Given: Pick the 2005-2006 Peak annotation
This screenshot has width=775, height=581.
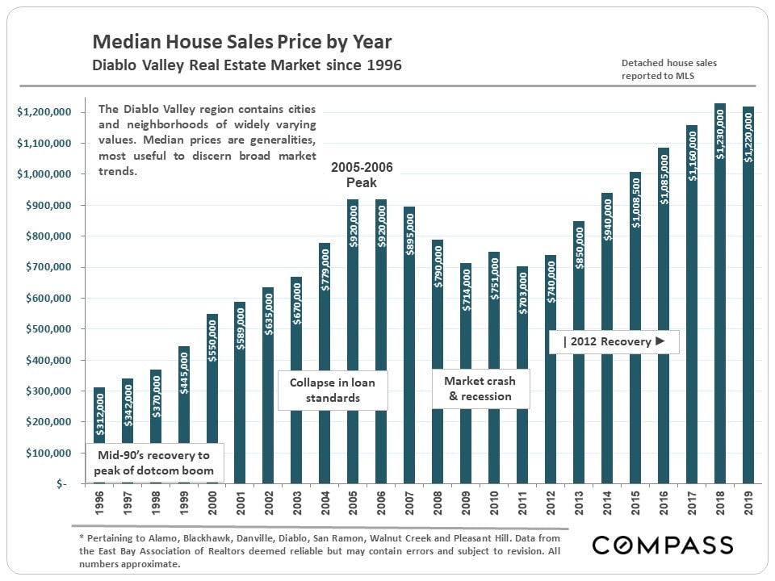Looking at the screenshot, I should pyautogui.click(x=362, y=175).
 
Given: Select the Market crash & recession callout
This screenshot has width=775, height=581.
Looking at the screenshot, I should pyautogui.click(x=480, y=388).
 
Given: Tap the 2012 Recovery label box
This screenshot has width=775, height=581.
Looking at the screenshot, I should pyautogui.click(x=614, y=341).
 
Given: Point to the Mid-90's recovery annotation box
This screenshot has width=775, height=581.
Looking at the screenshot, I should pyautogui.click(x=155, y=463).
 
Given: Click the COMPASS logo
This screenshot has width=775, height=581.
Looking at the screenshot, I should pyautogui.click(x=663, y=545).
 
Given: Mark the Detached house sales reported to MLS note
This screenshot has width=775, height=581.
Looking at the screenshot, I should pyautogui.click(x=657, y=69).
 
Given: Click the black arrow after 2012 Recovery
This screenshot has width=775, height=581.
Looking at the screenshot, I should pyautogui.click(x=660, y=341).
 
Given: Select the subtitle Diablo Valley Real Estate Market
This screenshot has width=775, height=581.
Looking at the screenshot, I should pyautogui.click(x=247, y=65).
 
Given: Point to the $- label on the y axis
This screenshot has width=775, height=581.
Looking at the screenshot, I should pyautogui.click(x=62, y=484).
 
